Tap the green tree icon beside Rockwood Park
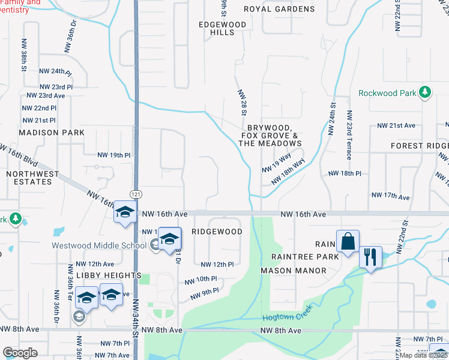pos(425,92)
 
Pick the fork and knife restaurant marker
pos(370,257)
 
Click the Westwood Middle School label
pos(98,245)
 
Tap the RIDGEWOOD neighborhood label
pos(217,232)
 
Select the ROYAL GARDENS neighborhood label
pos(279,9)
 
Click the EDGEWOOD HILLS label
pos(222,28)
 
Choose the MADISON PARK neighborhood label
pos(47,132)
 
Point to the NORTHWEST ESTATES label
pos(33,178)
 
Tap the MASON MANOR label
pos(294,271)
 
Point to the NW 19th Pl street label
pos(114,155)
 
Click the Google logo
pos(20,353)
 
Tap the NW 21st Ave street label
pos(396,125)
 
